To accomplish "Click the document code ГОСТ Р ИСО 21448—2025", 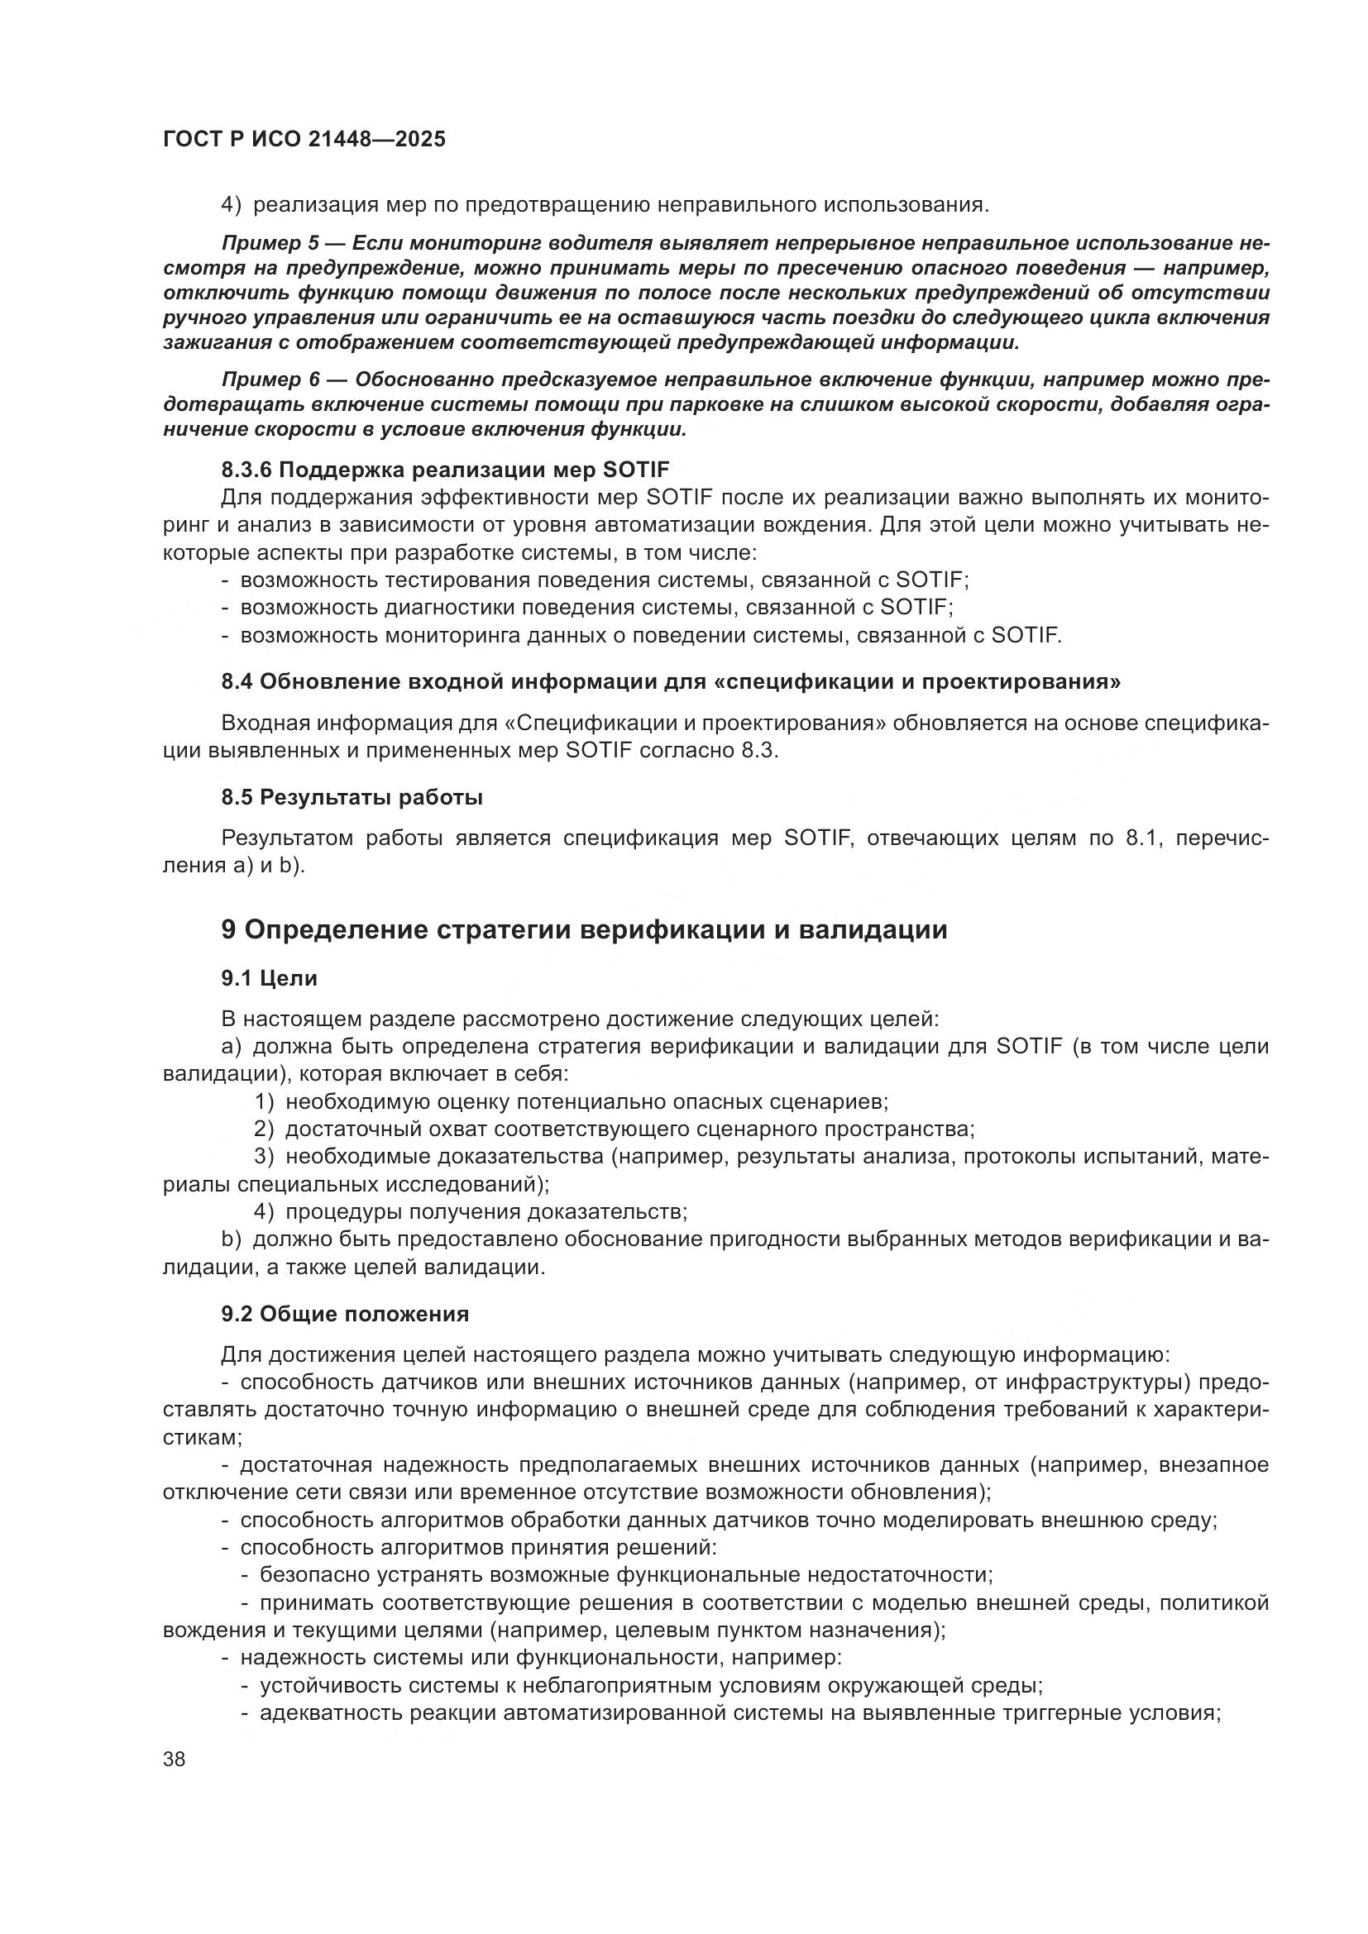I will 304,140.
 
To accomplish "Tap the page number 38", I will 175,1760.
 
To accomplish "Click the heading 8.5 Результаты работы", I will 352,797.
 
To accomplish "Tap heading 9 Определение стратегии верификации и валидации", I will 584,930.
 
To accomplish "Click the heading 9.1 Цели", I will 269,979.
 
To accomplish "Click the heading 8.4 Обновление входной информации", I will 671,681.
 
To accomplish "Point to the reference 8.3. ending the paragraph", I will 760,751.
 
